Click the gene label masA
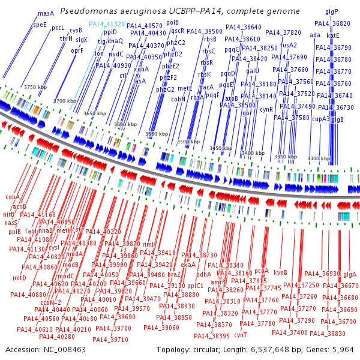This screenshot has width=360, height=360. [46, 13]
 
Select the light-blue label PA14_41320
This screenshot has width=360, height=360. [107, 24]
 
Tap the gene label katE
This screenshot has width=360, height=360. [333, 35]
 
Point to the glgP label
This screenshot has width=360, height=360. [332, 11]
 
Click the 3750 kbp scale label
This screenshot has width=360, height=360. [35, 87]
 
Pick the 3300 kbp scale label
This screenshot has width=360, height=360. [318, 158]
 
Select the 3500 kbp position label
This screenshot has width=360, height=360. [188, 142]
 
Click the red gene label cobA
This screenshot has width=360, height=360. [13, 196]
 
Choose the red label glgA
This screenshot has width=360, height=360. [350, 274]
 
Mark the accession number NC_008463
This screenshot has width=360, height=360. [64, 349]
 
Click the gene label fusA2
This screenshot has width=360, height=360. [288, 45]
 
